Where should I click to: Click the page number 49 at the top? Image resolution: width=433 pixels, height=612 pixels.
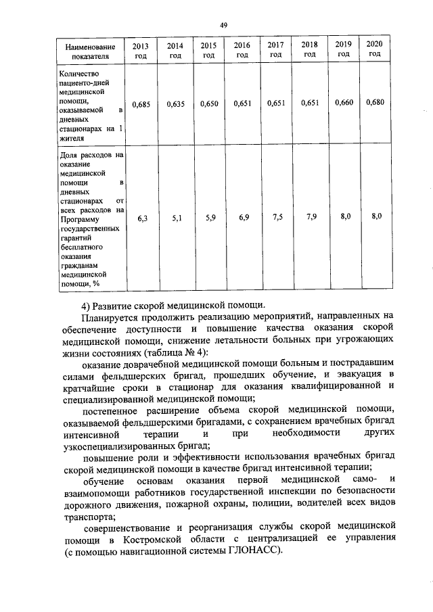click(223, 25)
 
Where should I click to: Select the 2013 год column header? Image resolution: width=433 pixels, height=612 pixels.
click(141, 49)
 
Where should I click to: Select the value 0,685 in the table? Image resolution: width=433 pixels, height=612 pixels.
click(141, 104)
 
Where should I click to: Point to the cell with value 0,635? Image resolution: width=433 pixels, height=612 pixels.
click(175, 104)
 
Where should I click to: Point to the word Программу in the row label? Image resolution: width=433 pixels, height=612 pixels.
click(80, 219)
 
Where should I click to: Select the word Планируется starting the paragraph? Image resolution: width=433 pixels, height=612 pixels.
click(110, 316)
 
